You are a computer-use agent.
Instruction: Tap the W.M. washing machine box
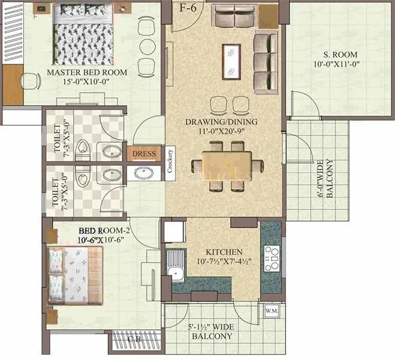pos(269,311)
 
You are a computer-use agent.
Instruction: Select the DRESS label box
pos(144,154)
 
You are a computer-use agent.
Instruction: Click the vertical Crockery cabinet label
pos(170,161)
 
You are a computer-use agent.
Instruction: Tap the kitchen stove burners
pos(271,259)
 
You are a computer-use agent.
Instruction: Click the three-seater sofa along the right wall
pos(262,61)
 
